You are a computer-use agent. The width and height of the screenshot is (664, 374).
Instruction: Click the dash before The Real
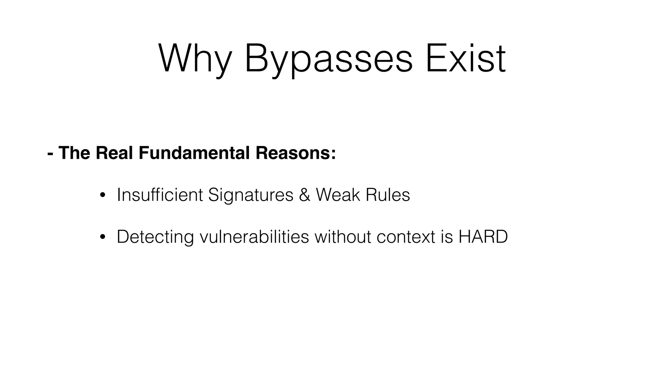(x=50, y=154)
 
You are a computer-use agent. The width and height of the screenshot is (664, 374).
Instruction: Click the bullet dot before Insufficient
(x=102, y=195)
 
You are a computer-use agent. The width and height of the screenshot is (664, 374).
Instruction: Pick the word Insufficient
(x=160, y=195)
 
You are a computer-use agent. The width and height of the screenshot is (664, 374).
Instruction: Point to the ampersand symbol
(x=304, y=195)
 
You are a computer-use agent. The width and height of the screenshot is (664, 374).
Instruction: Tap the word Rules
(x=387, y=195)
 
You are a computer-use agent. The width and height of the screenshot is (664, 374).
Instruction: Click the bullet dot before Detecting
(x=102, y=237)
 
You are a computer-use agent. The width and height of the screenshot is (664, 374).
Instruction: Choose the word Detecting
(x=155, y=237)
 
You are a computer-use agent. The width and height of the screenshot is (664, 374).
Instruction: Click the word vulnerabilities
(x=254, y=237)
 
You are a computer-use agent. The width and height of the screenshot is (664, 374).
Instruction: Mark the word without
(x=343, y=237)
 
